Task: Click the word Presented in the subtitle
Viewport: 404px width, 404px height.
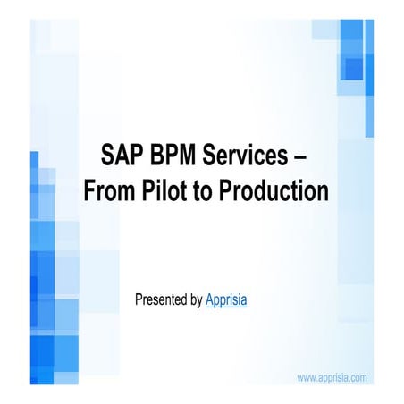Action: [161, 300]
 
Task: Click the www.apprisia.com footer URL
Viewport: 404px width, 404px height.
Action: [332, 378]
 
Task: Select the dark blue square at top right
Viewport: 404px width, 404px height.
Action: [353, 69]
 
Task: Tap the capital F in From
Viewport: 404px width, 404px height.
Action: [90, 191]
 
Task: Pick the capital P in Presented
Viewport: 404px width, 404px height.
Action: [139, 300]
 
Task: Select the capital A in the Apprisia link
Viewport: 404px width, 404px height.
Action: [209, 300]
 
